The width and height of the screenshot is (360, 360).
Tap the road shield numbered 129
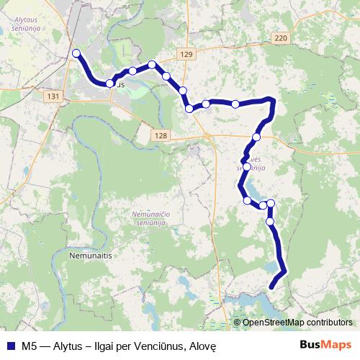pos(188,55)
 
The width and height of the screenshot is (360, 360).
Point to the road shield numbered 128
pos(160,135)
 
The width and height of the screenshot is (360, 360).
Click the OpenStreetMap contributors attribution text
pos(298,323)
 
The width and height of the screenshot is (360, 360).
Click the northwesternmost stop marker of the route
pos(76,52)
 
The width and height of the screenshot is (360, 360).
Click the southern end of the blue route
pos(272,287)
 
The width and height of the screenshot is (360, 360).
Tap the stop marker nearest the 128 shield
pos(189,109)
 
